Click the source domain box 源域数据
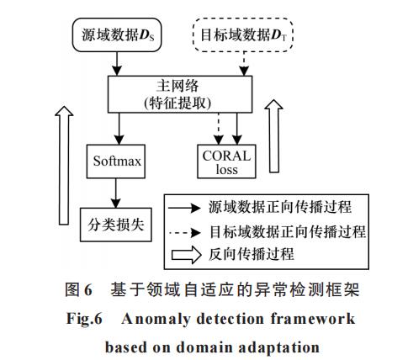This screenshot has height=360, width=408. point(117,35)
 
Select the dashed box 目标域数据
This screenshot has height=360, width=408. point(243,35)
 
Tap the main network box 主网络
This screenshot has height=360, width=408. point(180,94)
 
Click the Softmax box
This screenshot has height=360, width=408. point(116,161)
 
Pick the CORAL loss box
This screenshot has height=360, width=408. point(226,161)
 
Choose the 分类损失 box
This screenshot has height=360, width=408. point(116,225)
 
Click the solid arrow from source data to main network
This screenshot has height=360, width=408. point(117,64)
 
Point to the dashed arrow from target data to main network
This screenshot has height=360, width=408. point(244,64)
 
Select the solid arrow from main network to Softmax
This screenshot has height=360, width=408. point(119,129)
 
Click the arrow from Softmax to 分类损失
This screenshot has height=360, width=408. point(116,193)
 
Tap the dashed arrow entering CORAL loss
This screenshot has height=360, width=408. point(219,129)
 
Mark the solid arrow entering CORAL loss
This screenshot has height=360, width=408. point(237,129)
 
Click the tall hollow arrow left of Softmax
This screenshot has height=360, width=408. point(64,166)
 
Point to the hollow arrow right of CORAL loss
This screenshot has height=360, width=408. point(274,136)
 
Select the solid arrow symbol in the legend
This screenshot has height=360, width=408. point(184,208)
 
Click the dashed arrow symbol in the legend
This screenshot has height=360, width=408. point(185,232)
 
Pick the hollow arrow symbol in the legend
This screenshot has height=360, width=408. point(186,255)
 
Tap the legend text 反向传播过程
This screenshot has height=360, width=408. point(252,254)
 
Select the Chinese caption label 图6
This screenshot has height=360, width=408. point(78,289)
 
